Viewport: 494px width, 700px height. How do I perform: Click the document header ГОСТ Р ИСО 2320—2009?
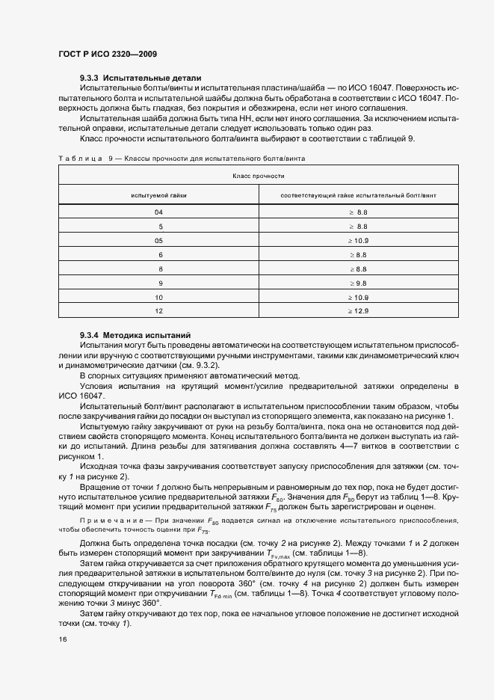coord(107,55)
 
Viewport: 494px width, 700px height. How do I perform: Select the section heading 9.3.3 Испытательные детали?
coord(141,78)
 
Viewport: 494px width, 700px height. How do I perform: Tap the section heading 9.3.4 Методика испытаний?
coord(135,335)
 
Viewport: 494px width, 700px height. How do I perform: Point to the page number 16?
coord(62,639)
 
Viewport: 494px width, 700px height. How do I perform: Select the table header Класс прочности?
coord(258,176)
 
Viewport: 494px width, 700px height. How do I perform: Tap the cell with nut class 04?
coord(158,212)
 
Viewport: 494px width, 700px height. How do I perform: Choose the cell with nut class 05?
coord(158,240)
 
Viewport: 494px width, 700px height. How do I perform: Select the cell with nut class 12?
coord(158,310)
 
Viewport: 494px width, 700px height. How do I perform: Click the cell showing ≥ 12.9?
coord(358,310)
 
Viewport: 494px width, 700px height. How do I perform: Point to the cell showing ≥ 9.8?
coord(358,283)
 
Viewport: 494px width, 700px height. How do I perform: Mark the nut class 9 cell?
coord(158,283)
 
